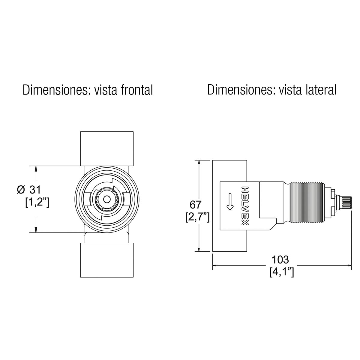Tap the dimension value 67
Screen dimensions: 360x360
click(196, 205)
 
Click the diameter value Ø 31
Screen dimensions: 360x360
click(29, 190)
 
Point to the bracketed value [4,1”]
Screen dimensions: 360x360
click(281, 272)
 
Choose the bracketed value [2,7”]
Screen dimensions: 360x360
click(197, 217)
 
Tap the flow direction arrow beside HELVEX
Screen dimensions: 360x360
click(230, 201)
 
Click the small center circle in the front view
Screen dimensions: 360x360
click(106, 199)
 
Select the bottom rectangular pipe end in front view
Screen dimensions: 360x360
click(106, 260)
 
